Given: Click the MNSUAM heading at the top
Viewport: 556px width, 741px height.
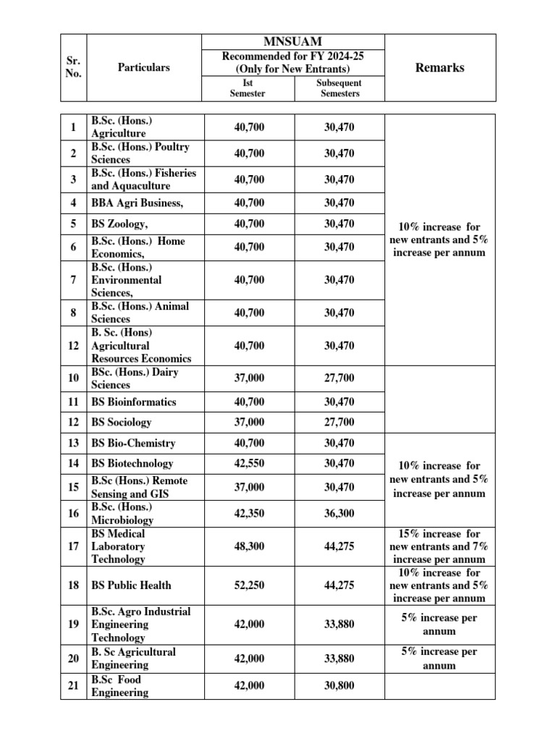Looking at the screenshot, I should point(294,43).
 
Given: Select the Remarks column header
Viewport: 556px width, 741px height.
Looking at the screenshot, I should point(439,67).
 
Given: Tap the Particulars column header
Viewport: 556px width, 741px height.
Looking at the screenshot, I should point(143,67).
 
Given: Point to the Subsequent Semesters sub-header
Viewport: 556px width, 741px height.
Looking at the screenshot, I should point(339,88).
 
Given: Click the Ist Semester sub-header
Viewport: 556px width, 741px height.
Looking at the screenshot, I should point(250,88).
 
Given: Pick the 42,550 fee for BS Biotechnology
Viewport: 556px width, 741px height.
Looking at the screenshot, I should point(250,463).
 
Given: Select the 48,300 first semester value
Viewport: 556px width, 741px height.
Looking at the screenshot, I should point(250,546).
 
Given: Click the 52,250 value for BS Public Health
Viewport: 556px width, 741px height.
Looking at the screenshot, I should point(250,585).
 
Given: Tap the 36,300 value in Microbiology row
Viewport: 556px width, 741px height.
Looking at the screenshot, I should point(339,513).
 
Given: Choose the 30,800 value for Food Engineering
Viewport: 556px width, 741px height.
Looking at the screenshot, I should point(339,685).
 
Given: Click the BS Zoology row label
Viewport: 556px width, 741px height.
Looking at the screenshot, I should point(119,224).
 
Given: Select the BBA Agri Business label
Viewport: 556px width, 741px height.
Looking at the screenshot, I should point(137,203).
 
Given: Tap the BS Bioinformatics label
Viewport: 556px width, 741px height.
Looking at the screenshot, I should point(133,402).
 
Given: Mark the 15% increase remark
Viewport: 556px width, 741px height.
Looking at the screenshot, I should point(439,546).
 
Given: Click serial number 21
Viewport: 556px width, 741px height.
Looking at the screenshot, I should point(73,685).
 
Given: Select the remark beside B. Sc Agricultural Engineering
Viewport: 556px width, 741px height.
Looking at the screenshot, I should point(439,658).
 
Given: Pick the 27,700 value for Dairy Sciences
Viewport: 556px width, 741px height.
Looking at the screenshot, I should point(339,378).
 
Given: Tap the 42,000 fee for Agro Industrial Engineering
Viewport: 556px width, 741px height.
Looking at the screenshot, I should point(250,624).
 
